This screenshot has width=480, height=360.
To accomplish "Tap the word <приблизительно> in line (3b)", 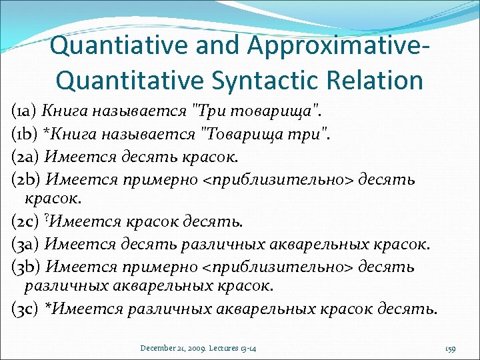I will (x=279, y=267).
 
